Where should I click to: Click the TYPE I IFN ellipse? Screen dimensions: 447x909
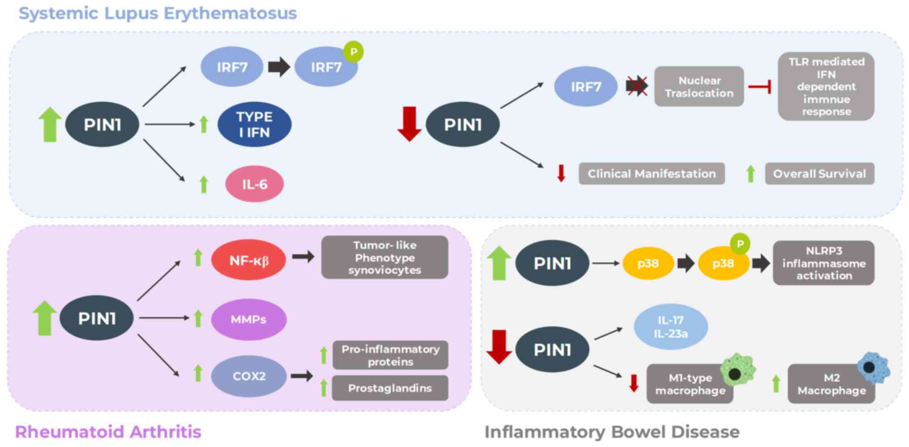254,124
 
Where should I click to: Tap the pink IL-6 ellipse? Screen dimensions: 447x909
254,184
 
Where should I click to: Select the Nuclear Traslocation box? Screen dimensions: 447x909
699,86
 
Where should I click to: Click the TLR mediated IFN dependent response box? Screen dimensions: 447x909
826,86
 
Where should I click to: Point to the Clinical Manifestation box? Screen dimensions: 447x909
651,174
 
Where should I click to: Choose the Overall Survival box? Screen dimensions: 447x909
819,174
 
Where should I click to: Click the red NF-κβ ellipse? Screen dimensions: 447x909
248,260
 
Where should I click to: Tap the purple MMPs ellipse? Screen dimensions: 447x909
248,319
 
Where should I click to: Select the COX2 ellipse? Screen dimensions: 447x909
249,376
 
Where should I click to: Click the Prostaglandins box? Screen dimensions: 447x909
390,388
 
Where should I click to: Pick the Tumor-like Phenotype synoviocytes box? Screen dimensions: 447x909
384,257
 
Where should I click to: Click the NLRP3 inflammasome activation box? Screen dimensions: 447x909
824,263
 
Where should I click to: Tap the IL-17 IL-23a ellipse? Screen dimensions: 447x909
670,327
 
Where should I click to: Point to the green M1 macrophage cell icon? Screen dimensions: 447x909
737,370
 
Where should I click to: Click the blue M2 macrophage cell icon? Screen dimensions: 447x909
873,368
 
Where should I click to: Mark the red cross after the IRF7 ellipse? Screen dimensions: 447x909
637,86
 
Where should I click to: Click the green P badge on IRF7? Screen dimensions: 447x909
354,52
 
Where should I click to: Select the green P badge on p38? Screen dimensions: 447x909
740,244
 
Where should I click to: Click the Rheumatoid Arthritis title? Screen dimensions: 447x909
108,432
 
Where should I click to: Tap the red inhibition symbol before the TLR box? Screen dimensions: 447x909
760,86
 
